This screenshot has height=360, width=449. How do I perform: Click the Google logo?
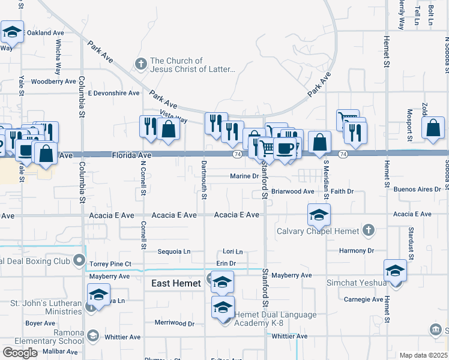pyautogui.click(x=20, y=353)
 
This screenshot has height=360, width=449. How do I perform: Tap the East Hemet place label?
pyautogui.click(x=176, y=284)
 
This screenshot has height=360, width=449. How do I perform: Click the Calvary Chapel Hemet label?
pyautogui.click(x=318, y=231)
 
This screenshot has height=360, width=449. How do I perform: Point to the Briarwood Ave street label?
pyautogui.click(x=292, y=191)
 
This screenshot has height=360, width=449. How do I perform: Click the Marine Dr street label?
pyautogui.click(x=244, y=176)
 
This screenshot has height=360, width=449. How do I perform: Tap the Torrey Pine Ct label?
pyautogui.click(x=110, y=264)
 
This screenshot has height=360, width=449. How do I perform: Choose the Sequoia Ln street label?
pyautogui.click(x=173, y=251)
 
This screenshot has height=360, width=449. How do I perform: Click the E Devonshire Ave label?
pyautogui.click(x=113, y=93)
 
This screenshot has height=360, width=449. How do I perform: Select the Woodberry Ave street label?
pyautogui.click(x=53, y=82)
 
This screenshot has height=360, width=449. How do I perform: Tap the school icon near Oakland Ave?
pyautogui.click(x=12, y=32)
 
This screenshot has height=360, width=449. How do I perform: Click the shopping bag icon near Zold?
pyautogui.click(x=433, y=128)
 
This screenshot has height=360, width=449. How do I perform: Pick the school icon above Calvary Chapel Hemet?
pyautogui.click(x=319, y=214)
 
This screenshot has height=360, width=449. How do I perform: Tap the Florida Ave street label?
pyautogui.click(x=131, y=155)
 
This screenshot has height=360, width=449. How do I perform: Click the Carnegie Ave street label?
pyautogui.click(x=363, y=299)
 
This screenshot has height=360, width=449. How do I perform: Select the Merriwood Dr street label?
pyautogui.click(x=175, y=323)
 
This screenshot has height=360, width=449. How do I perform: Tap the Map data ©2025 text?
pyautogui.click(x=423, y=355)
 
